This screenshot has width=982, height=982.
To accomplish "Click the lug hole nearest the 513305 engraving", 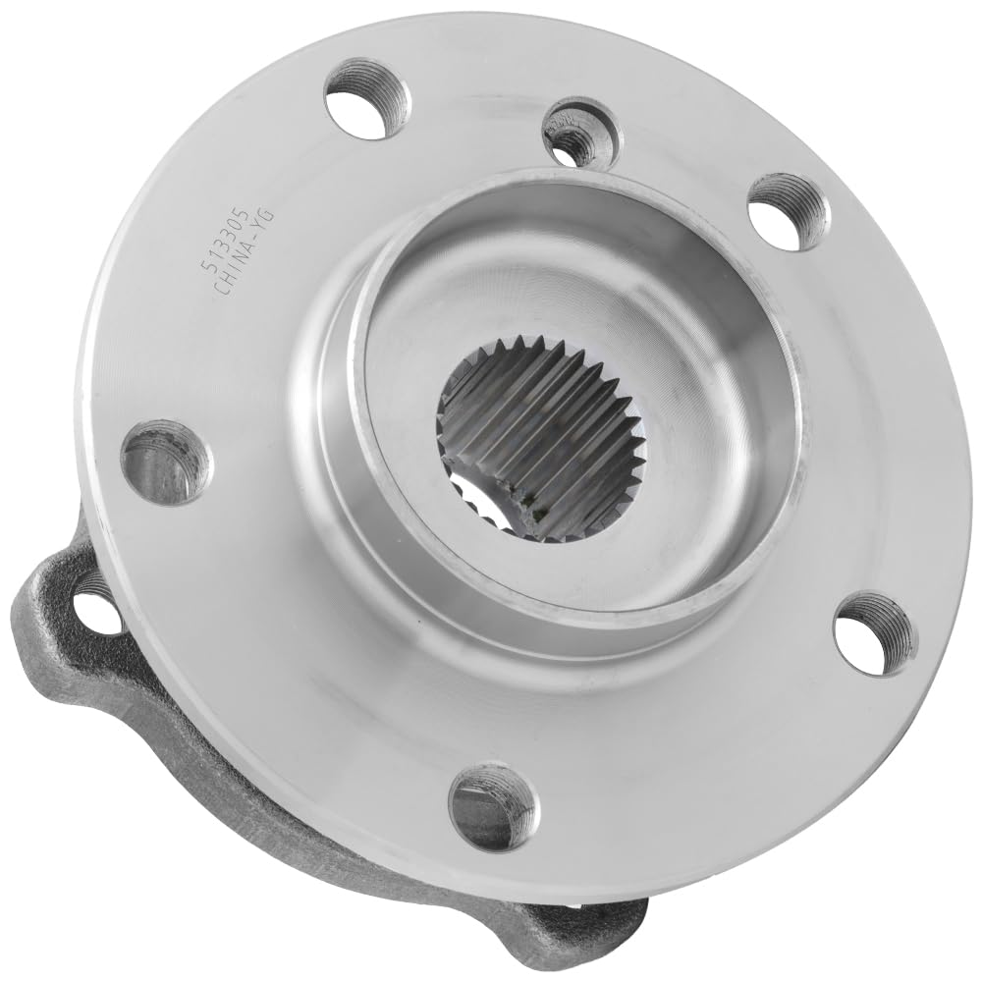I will tap(368, 98).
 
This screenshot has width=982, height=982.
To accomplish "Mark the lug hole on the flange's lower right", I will tap(874, 632).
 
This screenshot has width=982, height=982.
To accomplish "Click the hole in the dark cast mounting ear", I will tap(99, 610).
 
